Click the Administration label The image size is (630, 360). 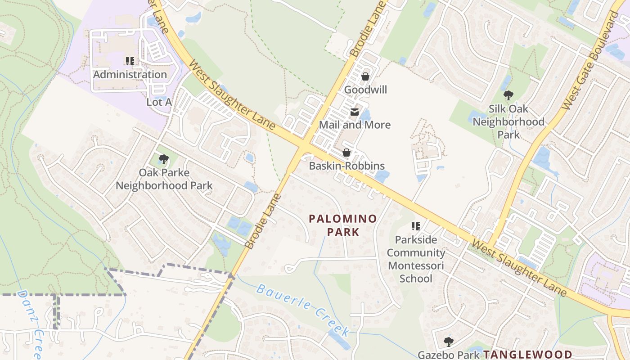click(x=130, y=75)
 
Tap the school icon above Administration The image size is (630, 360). click(x=130, y=61)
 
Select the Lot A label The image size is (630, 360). click(x=159, y=102)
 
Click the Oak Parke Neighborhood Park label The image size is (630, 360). click(x=164, y=179)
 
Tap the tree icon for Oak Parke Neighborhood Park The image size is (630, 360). click(x=164, y=159)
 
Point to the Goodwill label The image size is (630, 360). click(x=365, y=90)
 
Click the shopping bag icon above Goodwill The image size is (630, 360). click(x=365, y=76)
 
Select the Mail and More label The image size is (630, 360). click(x=355, y=125)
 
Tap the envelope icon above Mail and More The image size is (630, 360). click(x=355, y=112)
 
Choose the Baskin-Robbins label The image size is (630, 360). click(x=346, y=166)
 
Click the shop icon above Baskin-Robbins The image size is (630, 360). click(x=346, y=153)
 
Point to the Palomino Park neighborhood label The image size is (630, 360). click(x=343, y=225)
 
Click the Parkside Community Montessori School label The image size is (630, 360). click(x=416, y=259)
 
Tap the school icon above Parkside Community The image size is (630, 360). click(x=416, y=226)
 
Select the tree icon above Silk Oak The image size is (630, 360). click(x=508, y=95)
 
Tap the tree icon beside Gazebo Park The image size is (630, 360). click(x=448, y=342)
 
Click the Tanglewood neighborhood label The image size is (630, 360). click(x=527, y=355)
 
